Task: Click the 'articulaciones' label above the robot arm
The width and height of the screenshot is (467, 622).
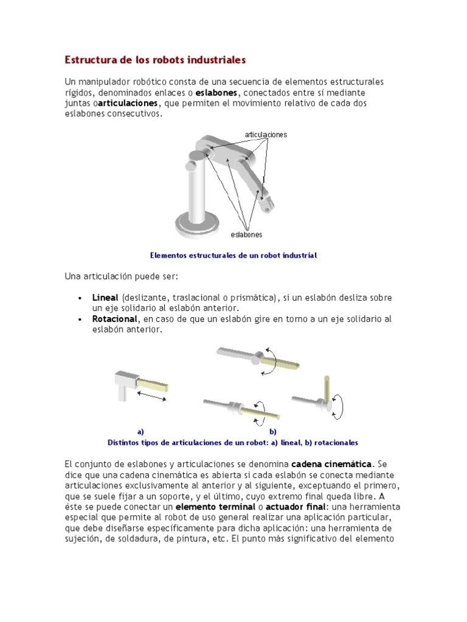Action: click(266, 134)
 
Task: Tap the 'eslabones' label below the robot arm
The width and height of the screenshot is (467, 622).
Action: click(247, 234)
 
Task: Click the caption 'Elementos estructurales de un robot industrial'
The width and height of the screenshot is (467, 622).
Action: click(233, 256)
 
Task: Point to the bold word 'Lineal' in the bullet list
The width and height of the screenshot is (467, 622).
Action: click(105, 298)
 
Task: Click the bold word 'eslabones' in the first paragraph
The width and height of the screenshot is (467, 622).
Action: click(217, 93)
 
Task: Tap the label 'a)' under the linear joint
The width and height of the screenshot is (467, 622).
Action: click(140, 432)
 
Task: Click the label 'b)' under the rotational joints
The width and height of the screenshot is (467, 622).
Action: click(273, 432)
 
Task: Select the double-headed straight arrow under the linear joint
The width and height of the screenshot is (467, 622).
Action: click(151, 395)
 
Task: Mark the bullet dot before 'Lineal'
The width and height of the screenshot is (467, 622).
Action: click(80, 298)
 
